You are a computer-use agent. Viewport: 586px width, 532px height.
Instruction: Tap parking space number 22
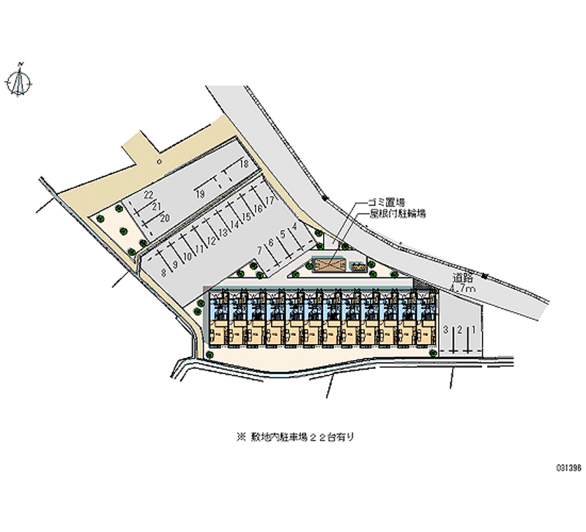(x=148, y=194)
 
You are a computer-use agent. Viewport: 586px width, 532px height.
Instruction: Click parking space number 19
(x=199, y=194)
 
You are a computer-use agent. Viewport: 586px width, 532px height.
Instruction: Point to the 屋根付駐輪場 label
(x=398, y=214)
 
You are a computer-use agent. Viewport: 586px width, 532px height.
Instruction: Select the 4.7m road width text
(x=464, y=290)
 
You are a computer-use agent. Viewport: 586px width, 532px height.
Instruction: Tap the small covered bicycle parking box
(x=358, y=266)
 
